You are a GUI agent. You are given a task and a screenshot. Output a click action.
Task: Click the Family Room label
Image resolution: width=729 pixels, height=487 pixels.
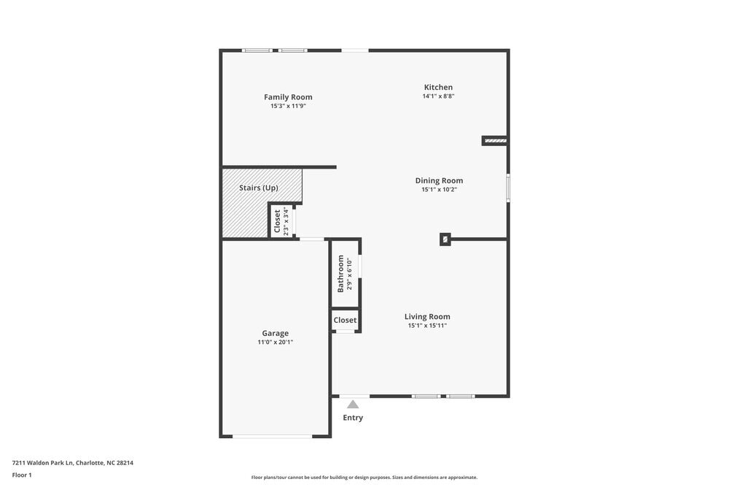click(x=288, y=97)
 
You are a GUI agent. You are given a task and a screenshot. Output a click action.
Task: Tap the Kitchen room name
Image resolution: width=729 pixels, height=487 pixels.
click(x=438, y=88)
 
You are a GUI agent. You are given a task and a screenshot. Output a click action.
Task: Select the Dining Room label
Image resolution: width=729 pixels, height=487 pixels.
click(x=439, y=180)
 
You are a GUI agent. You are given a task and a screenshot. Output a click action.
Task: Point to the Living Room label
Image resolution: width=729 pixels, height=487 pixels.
click(x=427, y=316)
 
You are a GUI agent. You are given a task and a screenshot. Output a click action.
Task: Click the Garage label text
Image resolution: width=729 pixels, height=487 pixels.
click(x=276, y=333)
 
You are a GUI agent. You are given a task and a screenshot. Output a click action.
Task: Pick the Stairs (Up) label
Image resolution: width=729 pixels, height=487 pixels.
click(x=259, y=188)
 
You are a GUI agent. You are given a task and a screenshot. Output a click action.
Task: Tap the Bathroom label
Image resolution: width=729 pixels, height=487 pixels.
click(x=340, y=274)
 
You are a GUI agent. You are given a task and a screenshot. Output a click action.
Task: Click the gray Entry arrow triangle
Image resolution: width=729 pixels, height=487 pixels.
click(x=353, y=404)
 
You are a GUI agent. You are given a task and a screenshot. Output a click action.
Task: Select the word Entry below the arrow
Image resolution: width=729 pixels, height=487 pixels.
click(x=353, y=418)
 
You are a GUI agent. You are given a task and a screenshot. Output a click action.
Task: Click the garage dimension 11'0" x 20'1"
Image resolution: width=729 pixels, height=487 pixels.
click(x=276, y=342)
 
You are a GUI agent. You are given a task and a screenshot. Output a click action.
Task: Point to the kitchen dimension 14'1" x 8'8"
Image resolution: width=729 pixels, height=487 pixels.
click(x=438, y=96)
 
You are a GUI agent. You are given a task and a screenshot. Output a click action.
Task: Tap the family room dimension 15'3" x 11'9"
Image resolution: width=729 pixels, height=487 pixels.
click(x=288, y=106)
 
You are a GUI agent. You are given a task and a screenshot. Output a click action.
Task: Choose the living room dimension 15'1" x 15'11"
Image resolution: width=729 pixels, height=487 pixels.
click(x=427, y=326)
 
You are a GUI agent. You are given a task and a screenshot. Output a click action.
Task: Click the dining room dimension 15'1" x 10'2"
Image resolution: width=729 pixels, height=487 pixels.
click(x=439, y=189)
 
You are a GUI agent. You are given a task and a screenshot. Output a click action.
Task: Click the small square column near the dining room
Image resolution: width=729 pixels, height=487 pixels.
click(x=445, y=239)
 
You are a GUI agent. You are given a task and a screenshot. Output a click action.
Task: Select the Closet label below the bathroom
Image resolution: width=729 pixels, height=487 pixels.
click(x=345, y=320)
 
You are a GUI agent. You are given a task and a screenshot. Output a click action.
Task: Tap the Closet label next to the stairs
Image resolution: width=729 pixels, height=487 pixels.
click(x=277, y=221)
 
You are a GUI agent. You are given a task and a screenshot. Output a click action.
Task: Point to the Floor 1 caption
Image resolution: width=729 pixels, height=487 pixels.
click(x=22, y=475)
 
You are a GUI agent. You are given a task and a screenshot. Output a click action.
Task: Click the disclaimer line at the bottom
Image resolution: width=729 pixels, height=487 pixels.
click(x=364, y=478)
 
